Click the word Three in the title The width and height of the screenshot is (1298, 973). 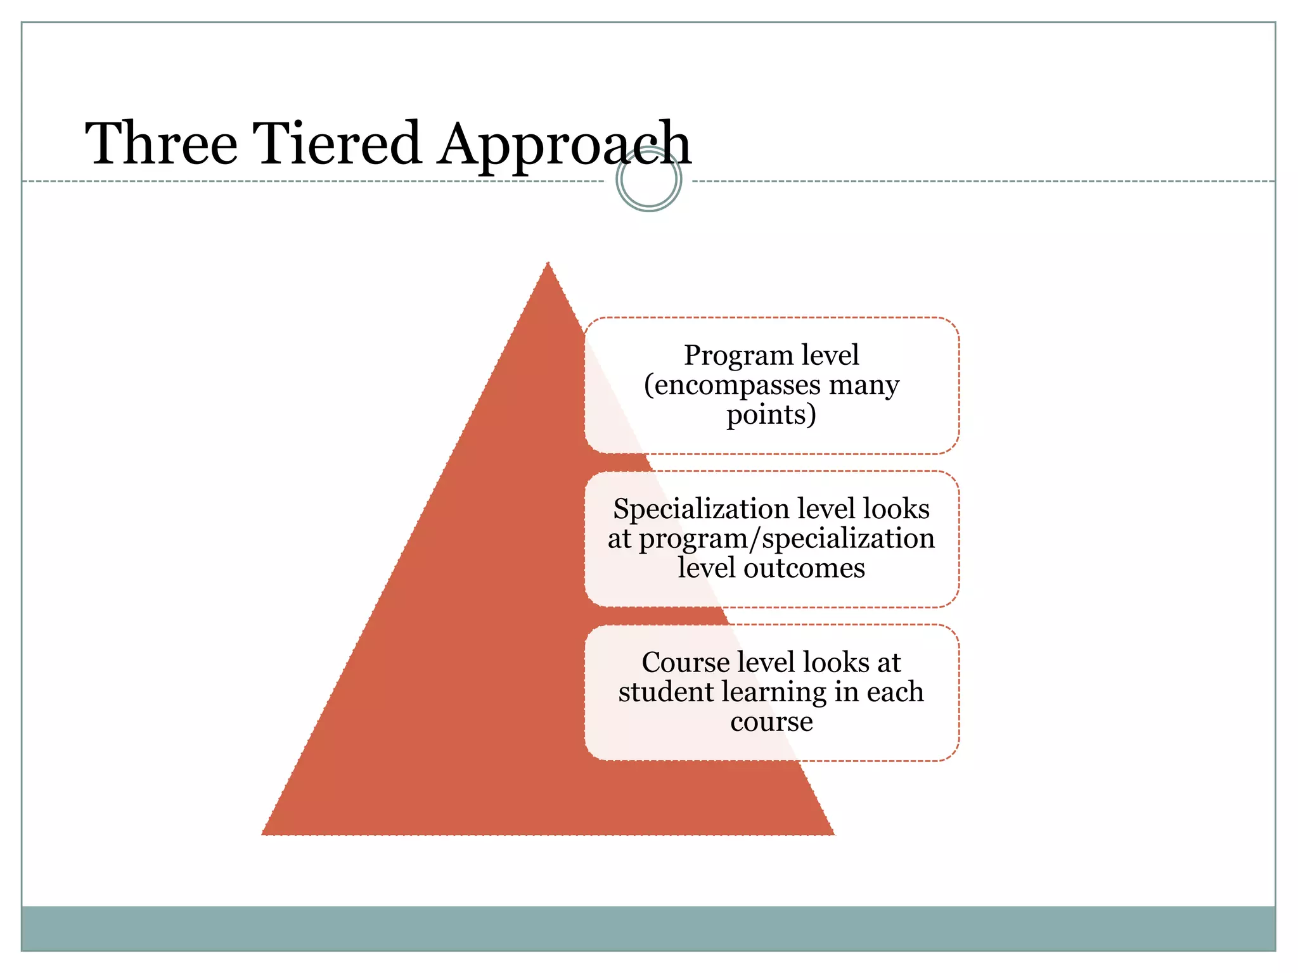tap(162, 144)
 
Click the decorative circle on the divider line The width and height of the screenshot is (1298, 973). tap(648, 179)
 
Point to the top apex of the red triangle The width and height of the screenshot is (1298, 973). tap(548, 264)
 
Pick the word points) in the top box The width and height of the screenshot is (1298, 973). tap(771, 416)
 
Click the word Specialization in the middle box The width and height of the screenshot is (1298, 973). tap(700, 509)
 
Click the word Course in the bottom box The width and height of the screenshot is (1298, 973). tap(685, 663)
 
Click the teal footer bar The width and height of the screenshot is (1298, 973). tap(648, 928)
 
